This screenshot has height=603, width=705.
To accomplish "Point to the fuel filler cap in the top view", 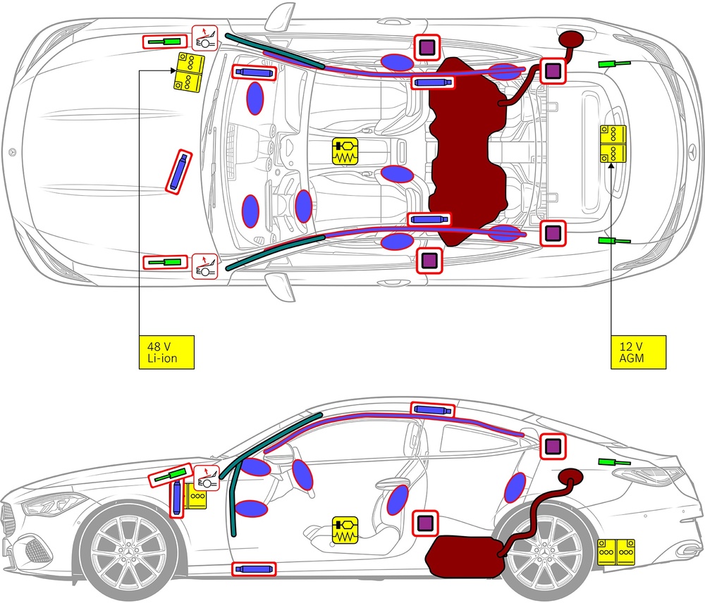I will (x=570, y=39).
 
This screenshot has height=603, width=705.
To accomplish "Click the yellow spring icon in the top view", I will (x=345, y=151).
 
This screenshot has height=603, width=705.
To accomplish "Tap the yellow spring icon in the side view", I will (x=345, y=530).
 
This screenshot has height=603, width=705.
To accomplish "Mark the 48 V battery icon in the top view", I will (x=189, y=71).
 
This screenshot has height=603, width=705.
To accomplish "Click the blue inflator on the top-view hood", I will (x=179, y=171).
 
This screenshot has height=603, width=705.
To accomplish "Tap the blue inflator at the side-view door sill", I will (x=254, y=568).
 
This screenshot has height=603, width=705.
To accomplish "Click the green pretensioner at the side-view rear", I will (x=613, y=462).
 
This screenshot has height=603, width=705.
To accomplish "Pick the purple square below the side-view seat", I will (x=425, y=523).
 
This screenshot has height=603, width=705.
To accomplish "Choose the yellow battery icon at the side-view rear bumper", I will (x=616, y=552).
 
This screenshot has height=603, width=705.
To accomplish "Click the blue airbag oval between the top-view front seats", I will (x=398, y=174).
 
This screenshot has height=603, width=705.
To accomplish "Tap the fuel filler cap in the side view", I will (x=571, y=475).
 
